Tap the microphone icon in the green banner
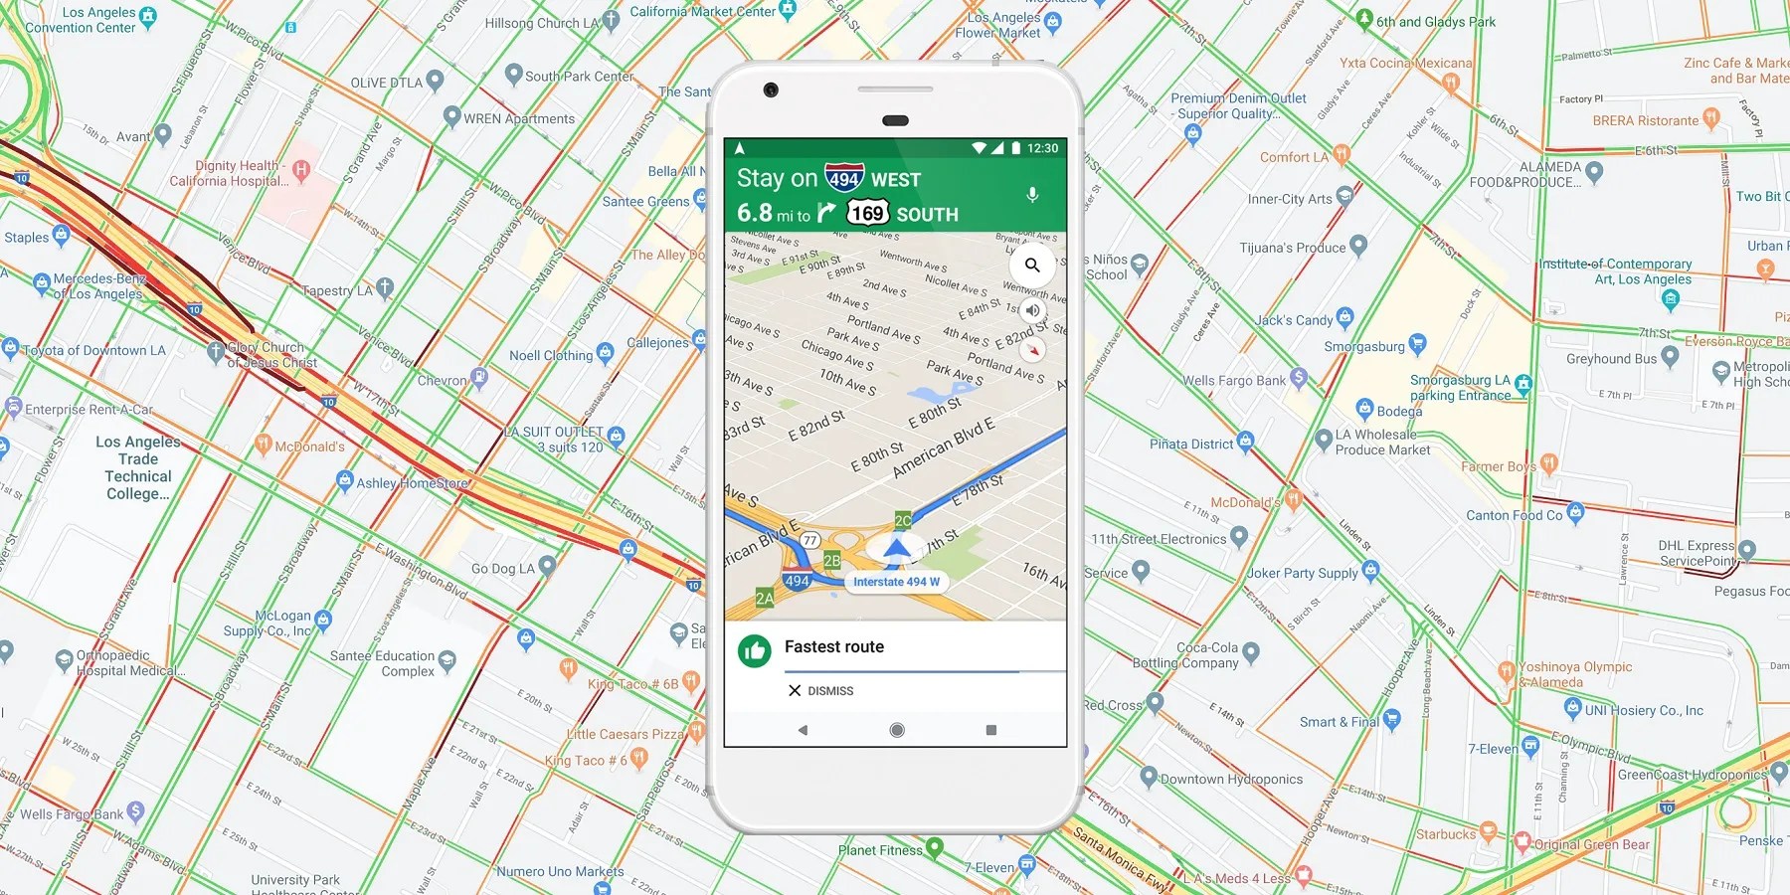[x=1032, y=195]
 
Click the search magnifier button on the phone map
[x=1032, y=266]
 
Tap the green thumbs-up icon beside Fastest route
[x=754, y=651]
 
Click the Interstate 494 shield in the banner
[x=844, y=178]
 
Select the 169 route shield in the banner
[x=867, y=213]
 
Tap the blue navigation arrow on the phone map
[x=897, y=547]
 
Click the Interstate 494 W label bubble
[x=896, y=582]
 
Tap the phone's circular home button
[x=896, y=730]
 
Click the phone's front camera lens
[x=771, y=90]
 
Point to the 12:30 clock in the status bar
[x=1042, y=148]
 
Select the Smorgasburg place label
[x=1363, y=347]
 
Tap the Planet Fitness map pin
[x=935, y=849]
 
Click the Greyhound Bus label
[x=1611, y=359]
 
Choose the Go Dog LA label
[x=502, y=569]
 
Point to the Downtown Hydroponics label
[x=1231, y=780]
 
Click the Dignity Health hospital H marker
[x=301, y=170]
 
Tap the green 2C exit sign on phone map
[x=903, y=520]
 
